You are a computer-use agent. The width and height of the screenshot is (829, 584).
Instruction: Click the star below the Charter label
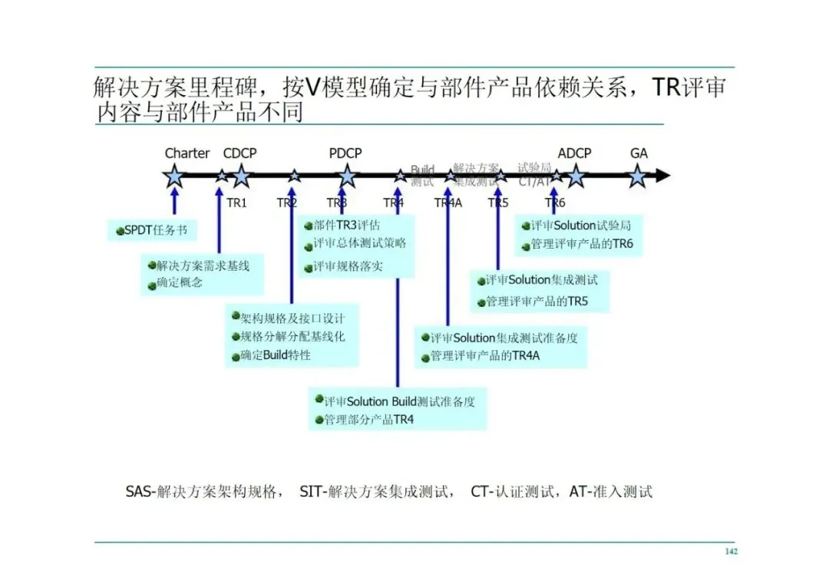(x=175, y=177)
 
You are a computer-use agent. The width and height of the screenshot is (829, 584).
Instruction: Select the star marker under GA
(x=637, y=177)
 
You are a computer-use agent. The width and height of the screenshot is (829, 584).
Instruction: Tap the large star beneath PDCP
(x=347, y=177)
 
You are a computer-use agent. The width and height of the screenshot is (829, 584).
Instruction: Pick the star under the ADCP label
(x=576, y=177)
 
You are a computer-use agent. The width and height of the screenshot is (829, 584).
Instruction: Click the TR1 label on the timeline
(x=236, y=203)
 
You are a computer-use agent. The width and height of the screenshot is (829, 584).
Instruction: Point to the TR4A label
(x=448, y=203)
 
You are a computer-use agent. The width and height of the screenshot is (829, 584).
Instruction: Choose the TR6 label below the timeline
(x=555, y=203)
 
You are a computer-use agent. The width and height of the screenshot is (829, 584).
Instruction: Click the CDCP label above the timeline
(x=239, y=153)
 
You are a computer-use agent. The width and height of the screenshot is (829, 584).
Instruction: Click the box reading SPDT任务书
(x=150, y=230)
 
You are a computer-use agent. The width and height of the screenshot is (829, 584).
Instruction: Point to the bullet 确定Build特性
(x=275, y=355)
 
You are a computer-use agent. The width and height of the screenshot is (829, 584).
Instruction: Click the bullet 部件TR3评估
(x=346, y=226)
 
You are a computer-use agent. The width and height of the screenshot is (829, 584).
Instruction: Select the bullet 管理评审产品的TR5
(x=537, y=301)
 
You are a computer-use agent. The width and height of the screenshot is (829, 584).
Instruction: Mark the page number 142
(x=731, y=552)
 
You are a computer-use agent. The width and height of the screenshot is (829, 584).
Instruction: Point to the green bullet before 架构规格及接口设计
(x=236, y=318)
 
